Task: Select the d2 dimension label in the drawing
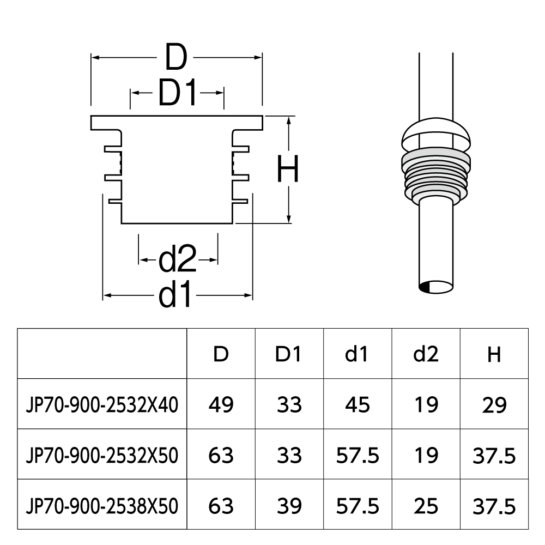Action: click(178, 260)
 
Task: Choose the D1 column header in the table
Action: click(288, 355)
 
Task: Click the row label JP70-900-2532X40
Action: click(102, 405)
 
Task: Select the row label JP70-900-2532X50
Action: click(102, 456)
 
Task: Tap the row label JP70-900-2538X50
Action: click(102, 506)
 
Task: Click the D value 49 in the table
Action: click(221, 405)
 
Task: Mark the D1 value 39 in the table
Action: click(288, 506)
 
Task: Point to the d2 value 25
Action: click(426, 506)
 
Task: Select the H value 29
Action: click(494, 405)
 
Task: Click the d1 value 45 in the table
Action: click(357, 405)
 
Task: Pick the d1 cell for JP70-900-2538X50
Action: click(357, 506)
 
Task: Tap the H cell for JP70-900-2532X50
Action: click(494, 456)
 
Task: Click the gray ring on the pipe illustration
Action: click(436, 160)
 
